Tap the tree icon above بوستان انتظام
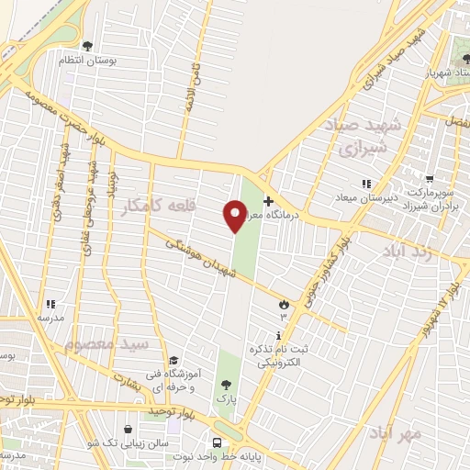(87, 45)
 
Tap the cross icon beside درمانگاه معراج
(268, 202)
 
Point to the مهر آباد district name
(396, 431)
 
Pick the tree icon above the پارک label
(226, 385)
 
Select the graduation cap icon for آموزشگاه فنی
(173, 360)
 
